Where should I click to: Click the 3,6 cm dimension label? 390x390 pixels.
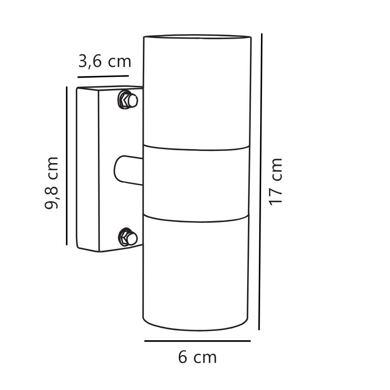[104, 61]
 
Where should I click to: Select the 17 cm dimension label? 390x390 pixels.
[275, 181]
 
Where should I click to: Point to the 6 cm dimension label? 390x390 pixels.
[197, 358]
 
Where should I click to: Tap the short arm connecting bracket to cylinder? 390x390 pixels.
[129, 170]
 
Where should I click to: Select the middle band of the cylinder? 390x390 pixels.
[196, 182]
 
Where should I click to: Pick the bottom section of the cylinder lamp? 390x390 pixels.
[196, 270]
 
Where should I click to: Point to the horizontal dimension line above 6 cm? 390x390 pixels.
[197, 341]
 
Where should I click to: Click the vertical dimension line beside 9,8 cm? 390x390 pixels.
[67, 166]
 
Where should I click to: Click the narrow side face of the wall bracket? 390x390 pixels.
[88, 168]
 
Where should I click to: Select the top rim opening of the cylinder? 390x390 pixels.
[197, 36]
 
